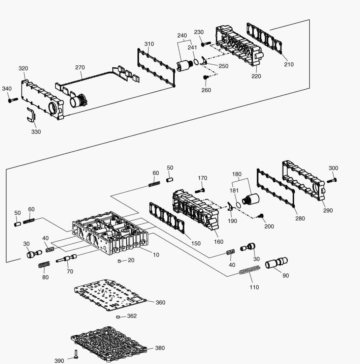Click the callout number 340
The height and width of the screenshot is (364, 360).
7,89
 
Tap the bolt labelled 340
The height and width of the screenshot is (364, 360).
13,100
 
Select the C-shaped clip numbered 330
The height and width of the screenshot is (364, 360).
30,115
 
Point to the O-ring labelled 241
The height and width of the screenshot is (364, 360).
196,62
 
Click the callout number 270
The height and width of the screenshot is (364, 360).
80,67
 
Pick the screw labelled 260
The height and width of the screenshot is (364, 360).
205,77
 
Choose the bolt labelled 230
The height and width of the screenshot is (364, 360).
206,43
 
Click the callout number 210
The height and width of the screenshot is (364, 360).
289,64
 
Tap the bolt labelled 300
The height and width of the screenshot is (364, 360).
332,180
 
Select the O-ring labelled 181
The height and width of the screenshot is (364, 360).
238,205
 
